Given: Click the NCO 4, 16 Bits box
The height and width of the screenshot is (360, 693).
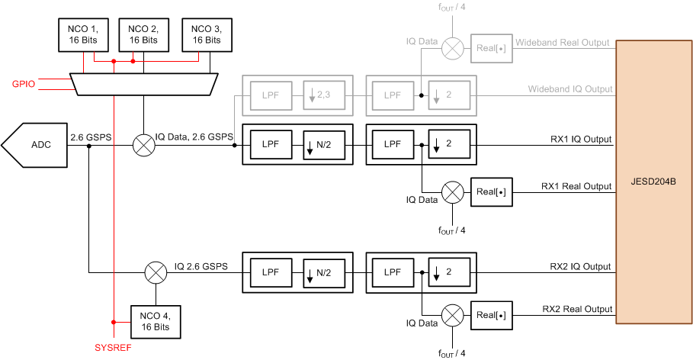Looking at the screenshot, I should coord(156,320).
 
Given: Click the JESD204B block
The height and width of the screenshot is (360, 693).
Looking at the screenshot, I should coord(654,182).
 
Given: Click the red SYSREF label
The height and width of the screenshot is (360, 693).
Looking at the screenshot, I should coord(111,347).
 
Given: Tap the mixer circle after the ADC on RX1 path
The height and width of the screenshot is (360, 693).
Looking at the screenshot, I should coord(143,144).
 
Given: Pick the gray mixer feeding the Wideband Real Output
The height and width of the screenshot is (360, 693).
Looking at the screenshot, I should coord(452,47).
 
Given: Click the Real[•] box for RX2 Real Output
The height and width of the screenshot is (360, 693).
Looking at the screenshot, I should coord(491,313).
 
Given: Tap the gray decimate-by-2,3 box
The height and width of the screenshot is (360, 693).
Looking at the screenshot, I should coord(323,95).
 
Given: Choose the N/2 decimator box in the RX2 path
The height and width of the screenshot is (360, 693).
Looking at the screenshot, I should coord(323,272).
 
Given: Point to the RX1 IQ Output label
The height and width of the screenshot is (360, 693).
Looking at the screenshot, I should coord(579,140).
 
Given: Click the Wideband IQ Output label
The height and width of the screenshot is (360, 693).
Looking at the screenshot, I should coord(570,89).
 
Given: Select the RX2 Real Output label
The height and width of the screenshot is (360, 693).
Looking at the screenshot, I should coord(577,309).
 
